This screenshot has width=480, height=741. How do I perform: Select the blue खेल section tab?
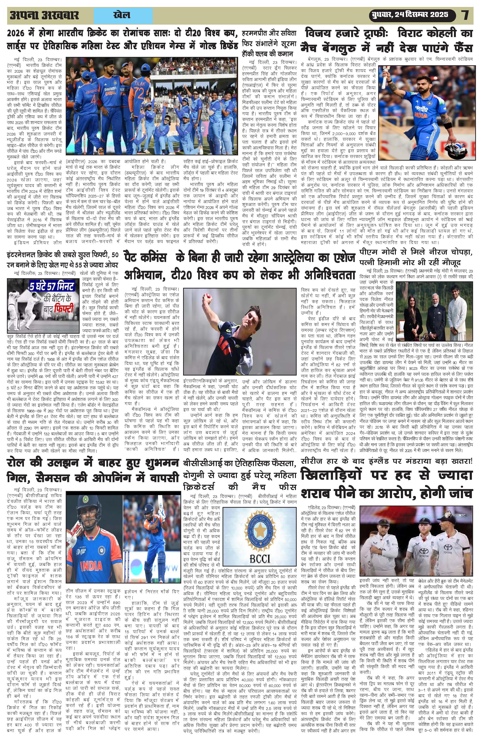click(x=123, y=15)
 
